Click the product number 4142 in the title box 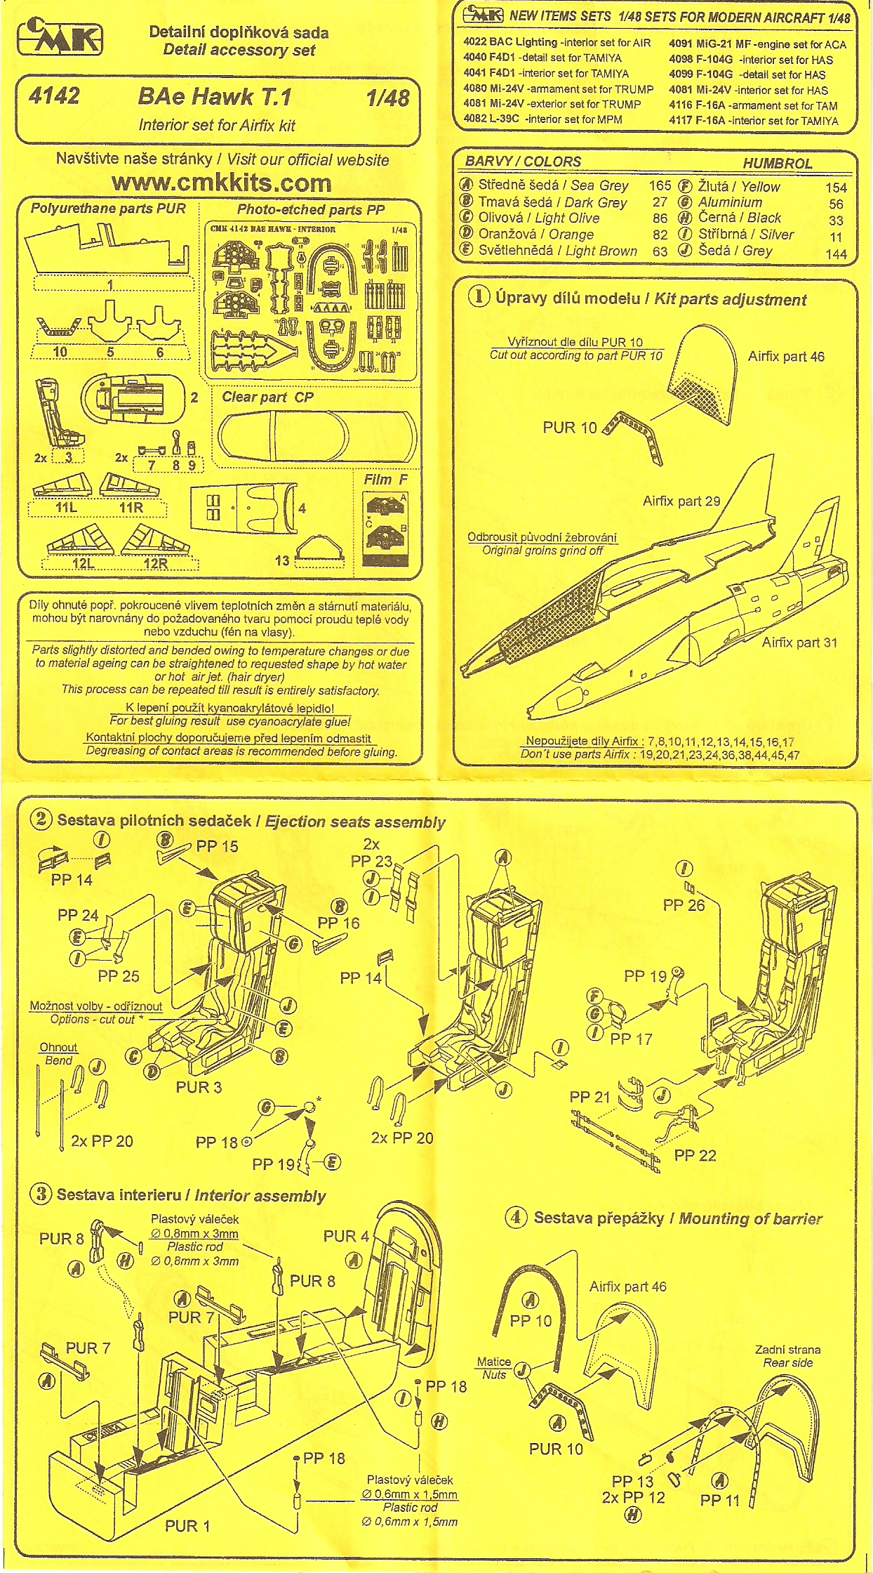coord(55,96)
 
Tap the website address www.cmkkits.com coord(222,183)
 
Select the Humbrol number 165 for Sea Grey coord(660,186)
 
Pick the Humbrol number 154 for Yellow coord(836,187)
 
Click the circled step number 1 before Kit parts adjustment coord(480,297)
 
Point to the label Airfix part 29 coord(681,501)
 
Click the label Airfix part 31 coord(799,642)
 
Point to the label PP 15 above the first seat coord(217,846)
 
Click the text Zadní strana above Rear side coord(787,1349)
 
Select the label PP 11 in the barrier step coord(719,1500)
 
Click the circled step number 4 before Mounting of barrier coord(517,1218)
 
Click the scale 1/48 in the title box coord(387,97)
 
